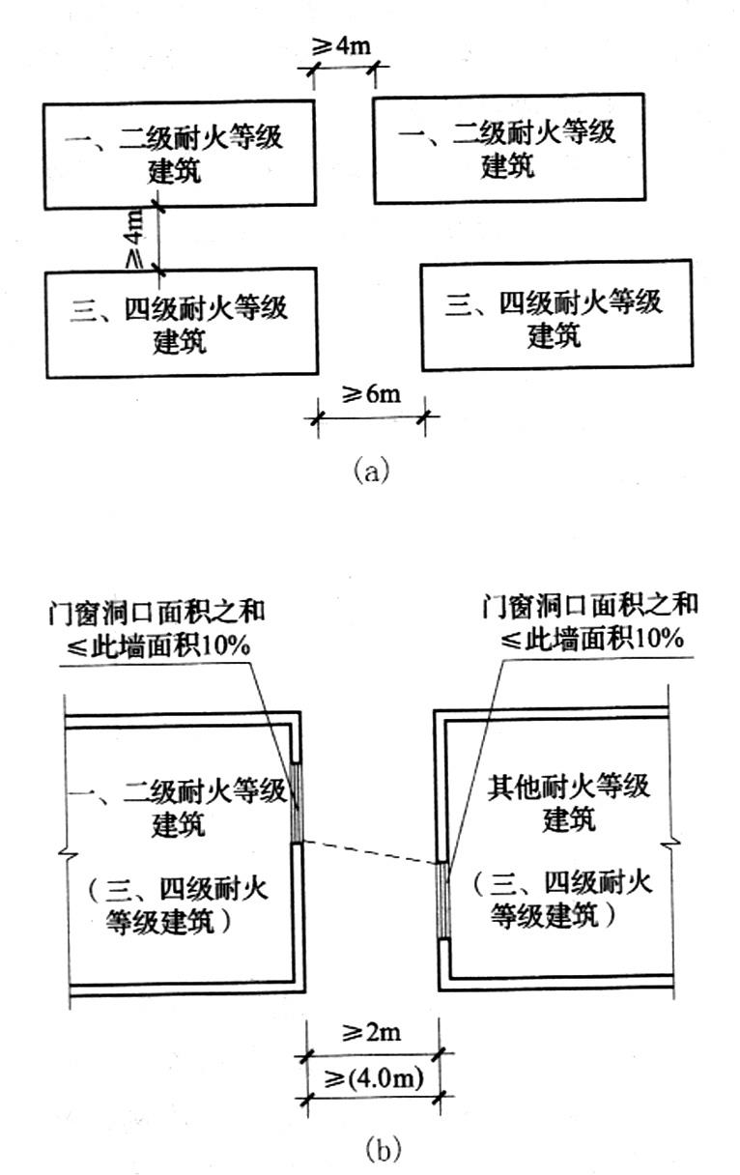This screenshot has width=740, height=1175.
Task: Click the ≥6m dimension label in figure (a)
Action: [369, 396]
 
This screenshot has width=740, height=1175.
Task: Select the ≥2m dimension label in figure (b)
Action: [372, 1033]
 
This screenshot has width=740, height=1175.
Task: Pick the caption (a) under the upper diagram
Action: [372, 471]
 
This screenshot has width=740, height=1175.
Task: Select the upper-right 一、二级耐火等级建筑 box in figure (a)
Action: [508, 148]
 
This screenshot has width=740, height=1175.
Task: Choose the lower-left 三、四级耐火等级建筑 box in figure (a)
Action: [182, 324]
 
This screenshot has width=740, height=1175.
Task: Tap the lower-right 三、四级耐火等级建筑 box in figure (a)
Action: [555, 315]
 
